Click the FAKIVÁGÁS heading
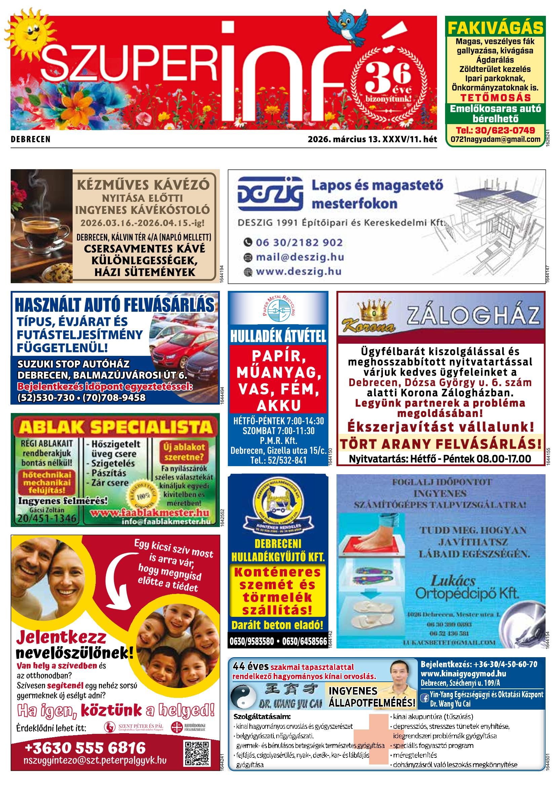[x=495, y=28]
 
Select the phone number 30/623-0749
[x=495, y=130]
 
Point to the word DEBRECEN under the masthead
[x=31, y=140]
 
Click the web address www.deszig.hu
[x=299, y=271]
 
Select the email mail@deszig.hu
[x=300, y=257]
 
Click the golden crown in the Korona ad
[x=374, y=310]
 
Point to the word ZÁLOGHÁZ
[x=473, y=316]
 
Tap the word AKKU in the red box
[x=279, y=406]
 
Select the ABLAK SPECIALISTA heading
[x=116, y=427]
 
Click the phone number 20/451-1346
[x=47, y=518]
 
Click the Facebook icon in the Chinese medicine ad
[x=425, y=697]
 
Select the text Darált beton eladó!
[x=277, y=625]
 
